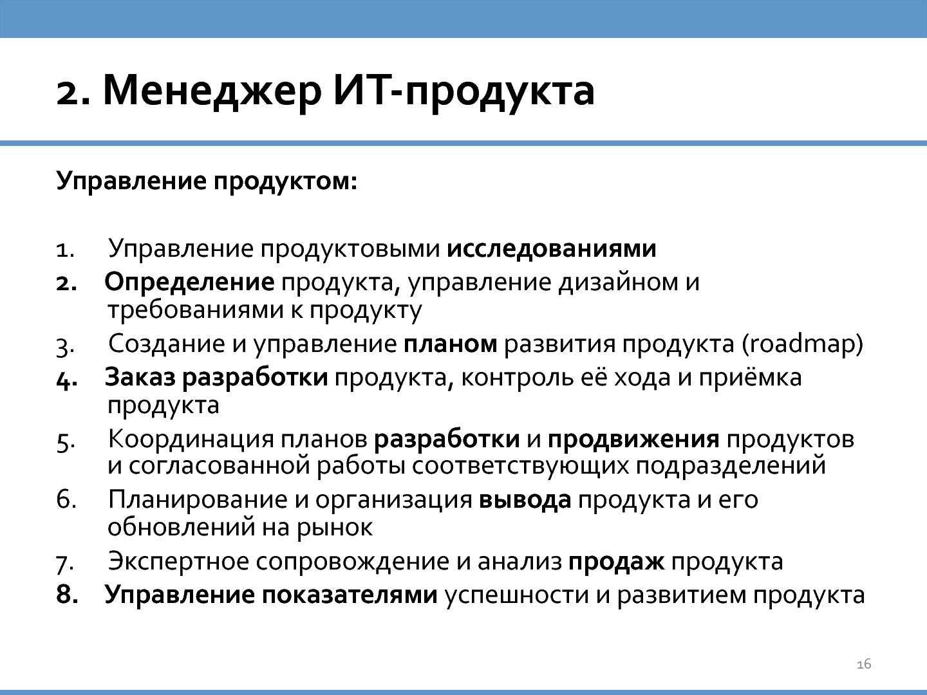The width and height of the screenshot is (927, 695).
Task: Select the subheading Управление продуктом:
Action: [x=207, y=181]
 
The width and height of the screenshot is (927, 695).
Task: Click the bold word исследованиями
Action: [x=552, y=248]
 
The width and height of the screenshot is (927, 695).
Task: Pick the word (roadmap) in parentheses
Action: [x=802, y=344]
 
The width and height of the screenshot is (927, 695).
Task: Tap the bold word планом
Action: [x=450, y=344]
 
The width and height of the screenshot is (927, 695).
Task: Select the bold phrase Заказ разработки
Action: [x=216, y=377]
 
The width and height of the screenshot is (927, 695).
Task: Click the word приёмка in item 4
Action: [x=750, y=377]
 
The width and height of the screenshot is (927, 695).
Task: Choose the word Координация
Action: [x=191, y=440]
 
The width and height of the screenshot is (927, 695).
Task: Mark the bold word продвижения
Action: [x=633, y=440]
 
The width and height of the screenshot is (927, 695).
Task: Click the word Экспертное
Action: [x=179, y=562]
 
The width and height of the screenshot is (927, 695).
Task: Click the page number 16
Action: [x=864, y=664]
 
